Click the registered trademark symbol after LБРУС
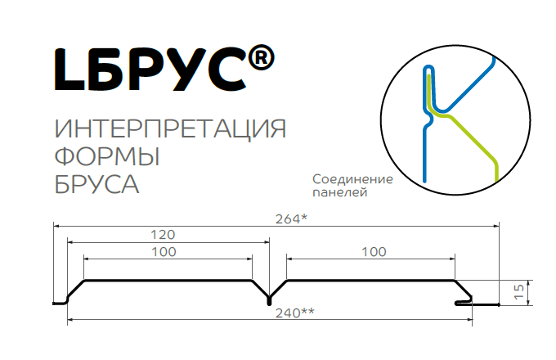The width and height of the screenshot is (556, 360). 261,58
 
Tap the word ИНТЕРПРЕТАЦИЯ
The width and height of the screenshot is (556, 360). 170,128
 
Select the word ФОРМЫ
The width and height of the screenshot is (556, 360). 107,156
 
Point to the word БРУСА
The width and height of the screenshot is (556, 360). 96,184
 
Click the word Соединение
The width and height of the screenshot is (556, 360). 352,179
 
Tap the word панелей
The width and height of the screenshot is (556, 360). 339,192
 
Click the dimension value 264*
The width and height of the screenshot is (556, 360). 291,218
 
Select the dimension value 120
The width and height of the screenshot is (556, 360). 163,235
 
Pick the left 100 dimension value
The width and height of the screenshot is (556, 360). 164,252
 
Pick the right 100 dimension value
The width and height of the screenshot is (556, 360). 374,252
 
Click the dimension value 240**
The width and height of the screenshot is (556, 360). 295,313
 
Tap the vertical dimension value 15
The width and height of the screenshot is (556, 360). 518,292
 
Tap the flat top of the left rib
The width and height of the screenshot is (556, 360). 168,281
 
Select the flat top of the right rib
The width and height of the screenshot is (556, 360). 370,281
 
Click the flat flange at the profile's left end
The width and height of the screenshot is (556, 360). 60,304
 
